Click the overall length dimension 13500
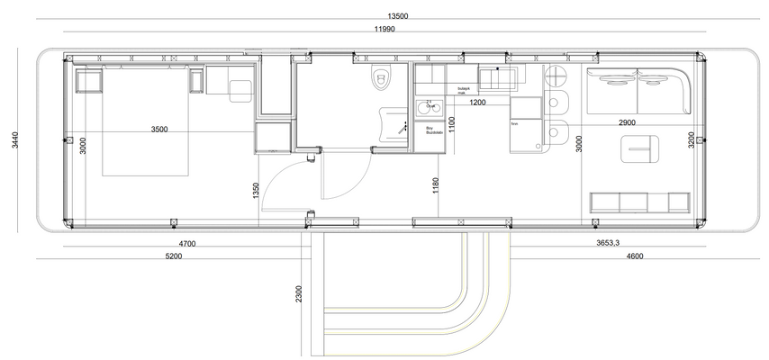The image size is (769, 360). coord(397,15)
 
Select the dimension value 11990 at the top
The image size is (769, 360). coord(389,30)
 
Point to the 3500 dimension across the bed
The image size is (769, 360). coord(158,130)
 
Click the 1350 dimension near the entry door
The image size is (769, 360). coord(256,190)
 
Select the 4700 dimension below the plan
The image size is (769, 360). coord(187,244)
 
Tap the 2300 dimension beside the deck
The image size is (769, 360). coord(298,294)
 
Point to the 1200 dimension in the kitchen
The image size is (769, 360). coord(478,103)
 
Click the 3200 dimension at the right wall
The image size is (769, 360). coord(691,140)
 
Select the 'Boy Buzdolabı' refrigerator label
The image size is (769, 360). coord(434,130)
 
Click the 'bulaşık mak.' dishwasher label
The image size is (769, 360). coord(466,91)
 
